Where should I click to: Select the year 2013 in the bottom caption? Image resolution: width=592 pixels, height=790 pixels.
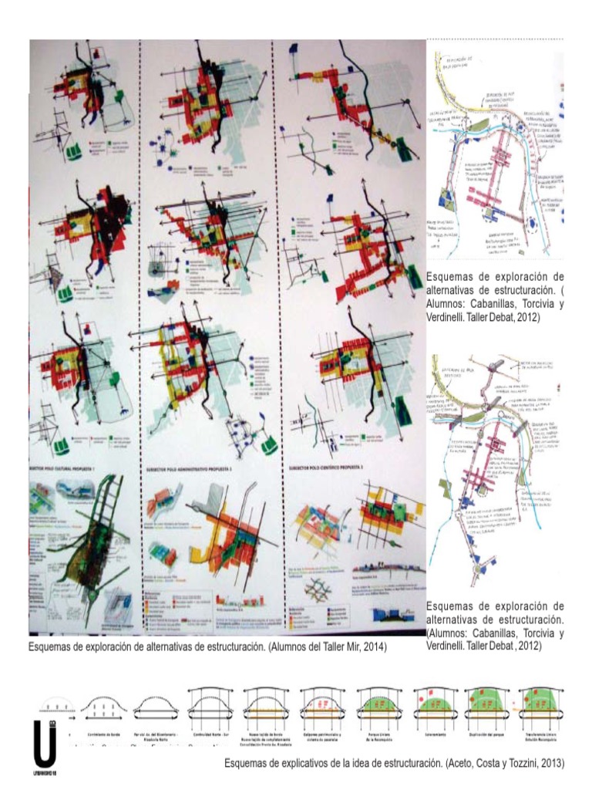click(550, 763)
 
